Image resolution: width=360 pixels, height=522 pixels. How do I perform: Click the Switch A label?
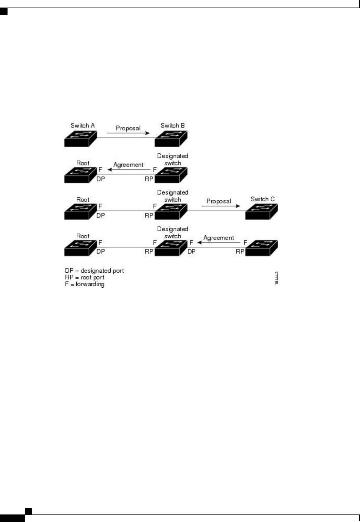coord(83,126)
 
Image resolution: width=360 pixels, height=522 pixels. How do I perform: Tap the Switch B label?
coord(173,126)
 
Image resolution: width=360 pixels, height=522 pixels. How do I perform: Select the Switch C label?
coord(262,199)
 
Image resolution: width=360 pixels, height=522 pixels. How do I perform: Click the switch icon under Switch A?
coord(80,138)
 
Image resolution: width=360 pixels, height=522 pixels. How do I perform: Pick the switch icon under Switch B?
coord(171,138)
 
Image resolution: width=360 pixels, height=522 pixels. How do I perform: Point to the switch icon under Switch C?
coord(261,211)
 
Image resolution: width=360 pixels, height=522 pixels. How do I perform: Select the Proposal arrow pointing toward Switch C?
coord(221,206)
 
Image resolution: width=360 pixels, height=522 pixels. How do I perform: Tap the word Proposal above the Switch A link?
coord(128,128)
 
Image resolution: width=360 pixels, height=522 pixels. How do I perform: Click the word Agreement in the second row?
coord(128,165)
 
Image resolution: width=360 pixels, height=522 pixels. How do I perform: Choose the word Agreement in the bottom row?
coord(219,238)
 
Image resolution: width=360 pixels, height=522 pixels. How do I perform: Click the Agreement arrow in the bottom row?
coord(219,243)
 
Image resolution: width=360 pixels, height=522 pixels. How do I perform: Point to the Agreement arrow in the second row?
coord(129,170)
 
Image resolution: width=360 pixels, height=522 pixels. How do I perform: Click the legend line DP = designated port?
coord(94,271)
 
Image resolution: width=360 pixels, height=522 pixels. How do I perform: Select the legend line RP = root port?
coord(85,277)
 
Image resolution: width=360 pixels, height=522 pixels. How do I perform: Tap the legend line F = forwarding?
coord(85,284)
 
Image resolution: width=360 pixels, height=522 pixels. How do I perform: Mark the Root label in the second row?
coord(83,163)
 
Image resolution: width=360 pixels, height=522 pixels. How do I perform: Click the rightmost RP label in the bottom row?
coord(240,251)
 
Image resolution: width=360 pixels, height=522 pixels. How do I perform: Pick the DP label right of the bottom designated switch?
coord(191,251)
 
